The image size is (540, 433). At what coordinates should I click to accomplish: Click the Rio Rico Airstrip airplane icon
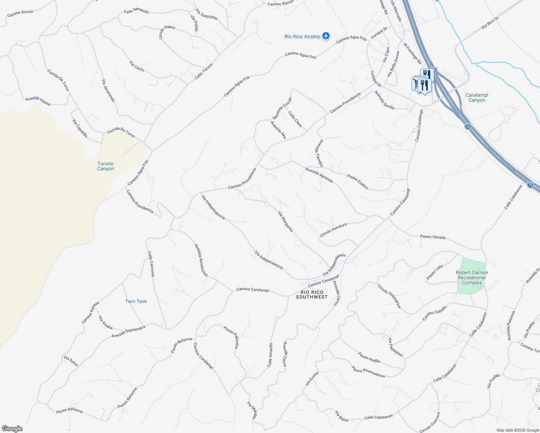pyautogui.click(x=326, y=36)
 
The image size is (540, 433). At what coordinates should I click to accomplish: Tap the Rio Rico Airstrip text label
pyautogui.click(x=302, y=37)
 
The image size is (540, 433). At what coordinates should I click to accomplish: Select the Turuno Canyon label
pyautogui.click(x=105, y=166)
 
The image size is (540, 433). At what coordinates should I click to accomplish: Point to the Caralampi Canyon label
pyautogui.click(x=477, y=98)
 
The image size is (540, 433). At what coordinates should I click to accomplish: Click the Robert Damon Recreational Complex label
pyautogui.click(x=472, y=278)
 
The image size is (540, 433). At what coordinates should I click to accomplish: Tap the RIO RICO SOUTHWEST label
pyautogui.click(x=312, y=295)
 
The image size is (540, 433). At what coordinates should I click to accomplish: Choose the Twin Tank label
pyautogui.click(x=136, y=301)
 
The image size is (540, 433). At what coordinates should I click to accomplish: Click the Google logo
pyautogui.click(x=12, y=429)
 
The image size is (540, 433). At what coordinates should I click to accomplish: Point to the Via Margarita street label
pyautogui.click(x=285, y=222)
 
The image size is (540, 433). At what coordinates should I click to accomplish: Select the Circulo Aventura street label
pyautogui.click(x=333, y=230)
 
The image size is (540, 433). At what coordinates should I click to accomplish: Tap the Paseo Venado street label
pyautogui.click(x=433, y=237)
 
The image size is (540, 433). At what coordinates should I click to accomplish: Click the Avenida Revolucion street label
pyautogui.click(x=201, y=261)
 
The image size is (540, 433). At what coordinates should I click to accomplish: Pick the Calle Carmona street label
pyautogui.click(x=151, y=264)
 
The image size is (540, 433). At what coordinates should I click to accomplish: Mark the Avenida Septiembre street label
pyautogui.click(x=129, y=332)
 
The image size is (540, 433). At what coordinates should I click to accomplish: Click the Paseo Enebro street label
pyautogui.click(x=357, y=182)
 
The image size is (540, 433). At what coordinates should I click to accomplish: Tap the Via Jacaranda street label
pyautogui.click(x=108, y=91)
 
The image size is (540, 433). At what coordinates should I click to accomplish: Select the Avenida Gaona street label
pyautogui.click(x=38, y=101)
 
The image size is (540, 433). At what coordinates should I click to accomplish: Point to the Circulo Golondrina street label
pyautogui.click(x=389, y=296)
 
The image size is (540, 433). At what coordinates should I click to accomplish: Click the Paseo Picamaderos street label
pyautogui.click(x=368, y=372)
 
